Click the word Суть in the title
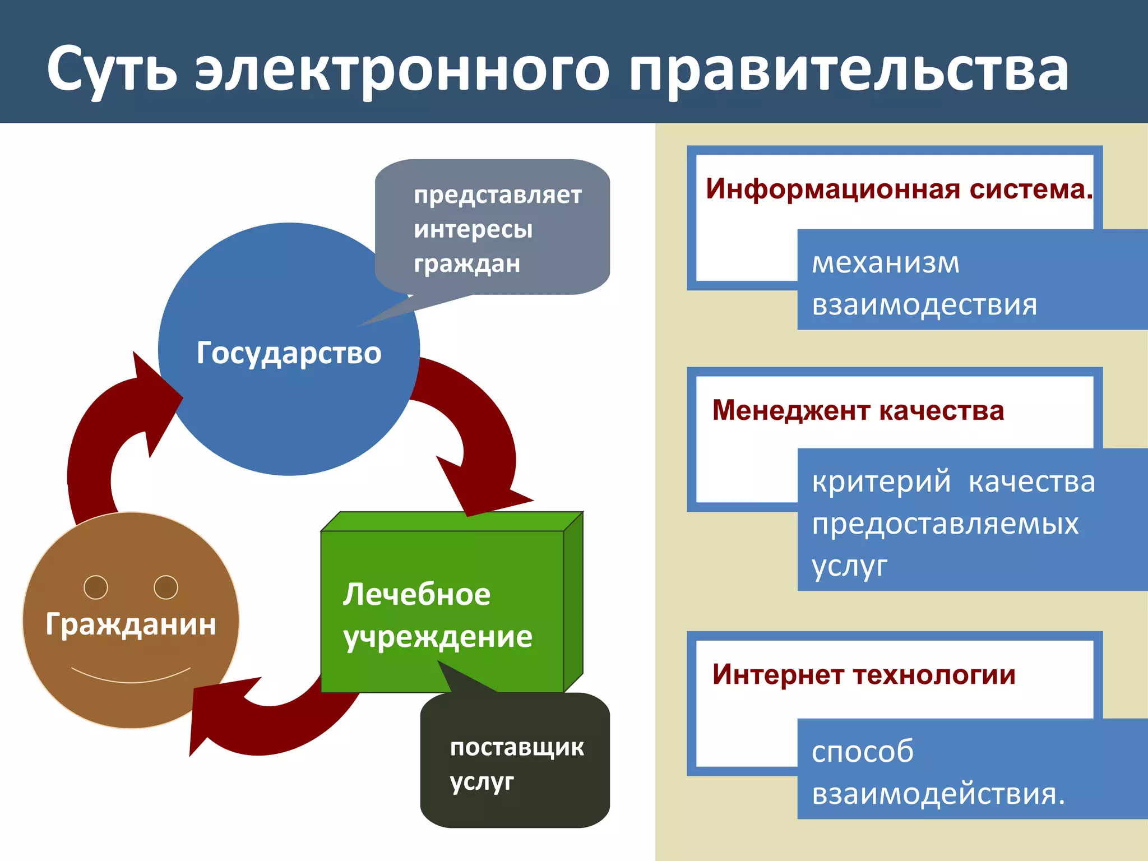(x=112, y=70)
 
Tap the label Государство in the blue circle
(x=289, y=353)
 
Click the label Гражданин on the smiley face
(x=131, y=624)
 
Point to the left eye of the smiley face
(x=96, y=587)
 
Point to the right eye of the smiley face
(x=166, y=587)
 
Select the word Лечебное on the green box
(x=416, y=594)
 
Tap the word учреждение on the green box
(x=438, y=637)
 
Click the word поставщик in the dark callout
(x=517, y=747)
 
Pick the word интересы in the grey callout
(x=473, y=229)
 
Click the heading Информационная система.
(x=899, y=189)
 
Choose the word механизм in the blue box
(x=886, y=262)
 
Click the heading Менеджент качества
(x=858, y=410)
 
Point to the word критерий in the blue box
(x=881, y=482)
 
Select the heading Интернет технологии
(x=863, y=674)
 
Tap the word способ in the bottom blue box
(x=863, y=752)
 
